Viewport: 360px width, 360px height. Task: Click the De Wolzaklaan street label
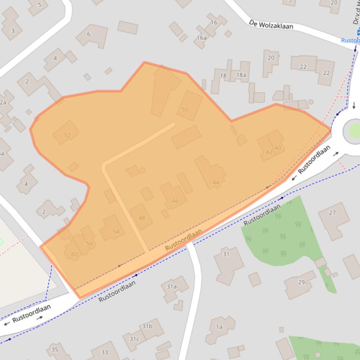click(271, 24)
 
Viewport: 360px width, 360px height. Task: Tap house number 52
click(67, 136)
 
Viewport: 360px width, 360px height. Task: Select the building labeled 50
click(185, 109)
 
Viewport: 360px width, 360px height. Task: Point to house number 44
click(216, 182)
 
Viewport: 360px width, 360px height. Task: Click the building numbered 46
click(175, 201)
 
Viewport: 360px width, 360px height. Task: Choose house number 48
click(142, 218)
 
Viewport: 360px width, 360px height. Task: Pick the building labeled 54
click(116, 231)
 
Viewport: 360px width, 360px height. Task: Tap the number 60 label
click(74, 254)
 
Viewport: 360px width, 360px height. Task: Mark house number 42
click(269, 152)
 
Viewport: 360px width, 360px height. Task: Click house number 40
click(278, 148)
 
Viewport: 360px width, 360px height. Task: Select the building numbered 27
click(332, 213)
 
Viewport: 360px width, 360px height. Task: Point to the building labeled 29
click(302, 282)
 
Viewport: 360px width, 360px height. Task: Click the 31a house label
click(172, 287)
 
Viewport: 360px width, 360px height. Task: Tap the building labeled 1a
click(219, 327)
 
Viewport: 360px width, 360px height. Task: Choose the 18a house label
click(241, 75)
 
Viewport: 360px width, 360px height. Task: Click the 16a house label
click(202, 38)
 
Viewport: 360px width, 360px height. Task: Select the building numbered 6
click(89, 34)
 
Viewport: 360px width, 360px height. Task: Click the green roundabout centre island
click(353, 131)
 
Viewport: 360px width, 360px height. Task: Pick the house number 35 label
click(55, 349)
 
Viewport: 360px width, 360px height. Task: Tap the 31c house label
click(134, 338)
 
